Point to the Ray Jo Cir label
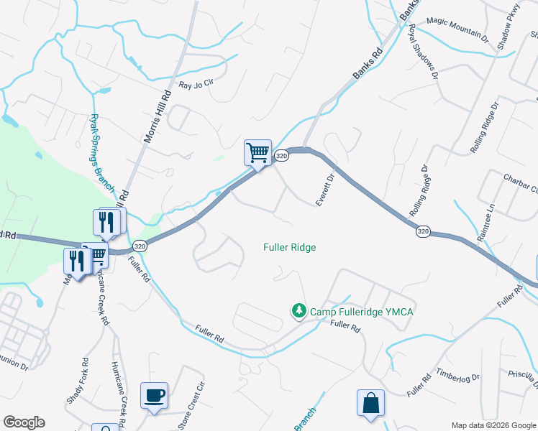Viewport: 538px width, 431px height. [x=196, y=85]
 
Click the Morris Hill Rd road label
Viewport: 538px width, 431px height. [x=158, y=115]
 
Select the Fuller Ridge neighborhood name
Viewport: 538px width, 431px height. [x=290, y=247]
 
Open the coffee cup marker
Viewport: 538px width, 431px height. [x=155, y=395]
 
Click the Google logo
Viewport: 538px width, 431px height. [x=24, y=422]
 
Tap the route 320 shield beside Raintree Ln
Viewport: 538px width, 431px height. [x=423, y=231]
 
